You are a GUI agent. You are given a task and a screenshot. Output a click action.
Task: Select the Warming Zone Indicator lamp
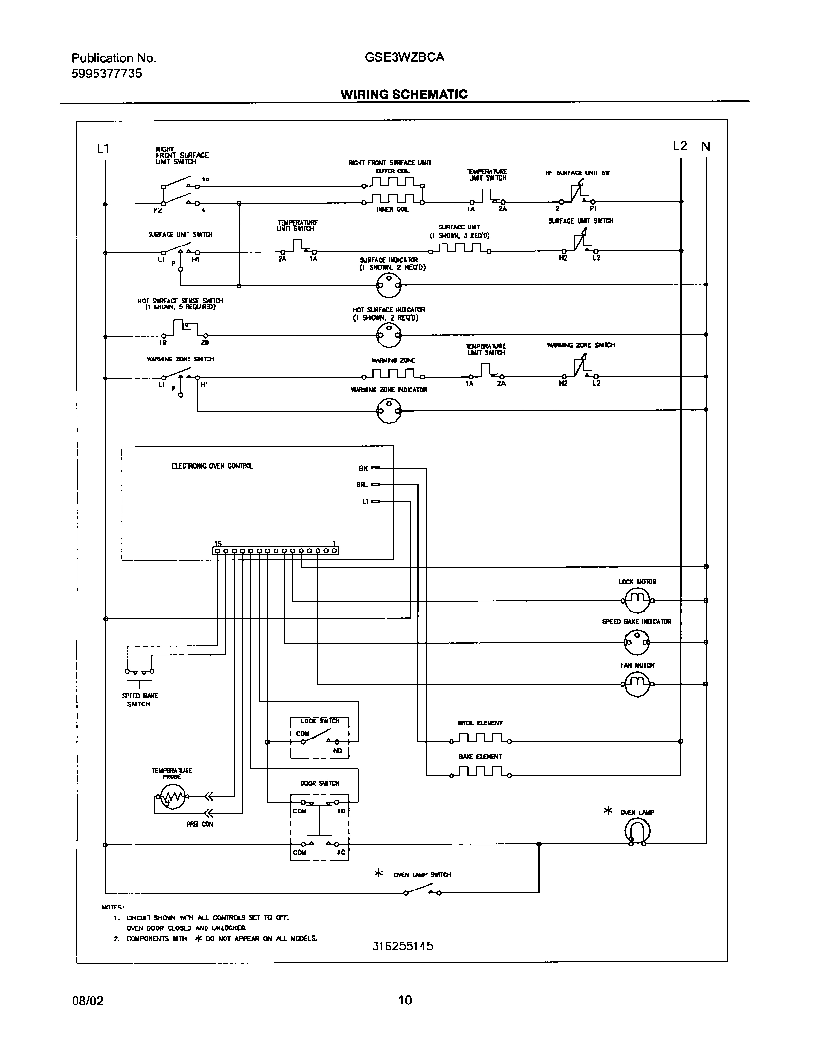click(389, 411)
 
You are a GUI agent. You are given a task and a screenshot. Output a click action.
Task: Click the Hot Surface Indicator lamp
click(389, 335)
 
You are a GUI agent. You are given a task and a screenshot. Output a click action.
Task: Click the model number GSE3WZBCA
click(404, 57)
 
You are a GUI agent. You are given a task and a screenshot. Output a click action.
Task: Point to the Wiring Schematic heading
click(404, 95)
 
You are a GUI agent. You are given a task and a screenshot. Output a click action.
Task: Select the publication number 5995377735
click(107, 74)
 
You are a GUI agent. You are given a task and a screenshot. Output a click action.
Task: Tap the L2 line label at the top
click(680, 146)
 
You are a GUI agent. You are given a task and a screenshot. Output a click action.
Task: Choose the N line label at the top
click(706, 146)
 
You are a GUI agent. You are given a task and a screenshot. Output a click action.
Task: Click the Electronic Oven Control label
click(212, 466)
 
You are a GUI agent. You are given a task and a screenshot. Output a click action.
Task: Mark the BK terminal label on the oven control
click(363, 468)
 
